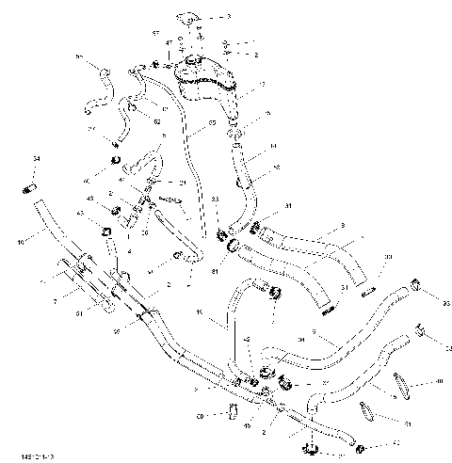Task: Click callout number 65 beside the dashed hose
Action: (212, 122)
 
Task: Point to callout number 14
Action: (273, 147)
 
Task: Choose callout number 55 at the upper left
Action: (79, 57)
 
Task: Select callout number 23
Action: (216, 199)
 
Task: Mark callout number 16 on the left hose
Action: (20, 242)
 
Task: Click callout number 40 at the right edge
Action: (440, 381)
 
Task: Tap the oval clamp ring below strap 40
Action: (368, 411)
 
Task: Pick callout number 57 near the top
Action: (156, 33)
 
